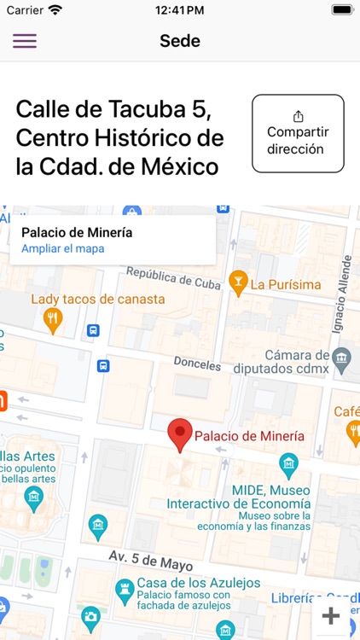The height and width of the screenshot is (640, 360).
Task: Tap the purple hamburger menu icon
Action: click(x=25, y=41)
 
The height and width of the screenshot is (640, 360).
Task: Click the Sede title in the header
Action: click(x=180, y=41)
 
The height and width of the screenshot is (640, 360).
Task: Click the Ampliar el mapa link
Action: click(x=63, y=248)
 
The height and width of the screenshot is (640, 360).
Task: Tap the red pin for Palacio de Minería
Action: click(x=179, y=434)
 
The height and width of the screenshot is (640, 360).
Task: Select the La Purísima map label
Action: click(x=286, y=284)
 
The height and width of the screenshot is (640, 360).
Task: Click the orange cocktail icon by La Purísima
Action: click(x=239, y=282)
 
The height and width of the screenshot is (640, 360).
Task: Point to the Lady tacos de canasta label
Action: click(x=98, y=300)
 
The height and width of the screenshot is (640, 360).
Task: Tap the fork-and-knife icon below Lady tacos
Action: click(x=53, y=320)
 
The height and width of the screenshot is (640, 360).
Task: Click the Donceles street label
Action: click(x=197, y=364)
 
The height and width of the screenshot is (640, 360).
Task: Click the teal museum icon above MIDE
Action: click(x=289, y=465)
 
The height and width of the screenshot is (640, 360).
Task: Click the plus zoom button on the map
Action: click(x=331, y=616)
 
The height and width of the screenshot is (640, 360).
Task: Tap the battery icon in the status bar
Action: click(x=342, y=10)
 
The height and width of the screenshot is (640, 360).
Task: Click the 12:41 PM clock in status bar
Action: click(x=179, y=10)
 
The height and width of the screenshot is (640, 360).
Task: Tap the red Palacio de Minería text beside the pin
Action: click(x=249, y=436)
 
